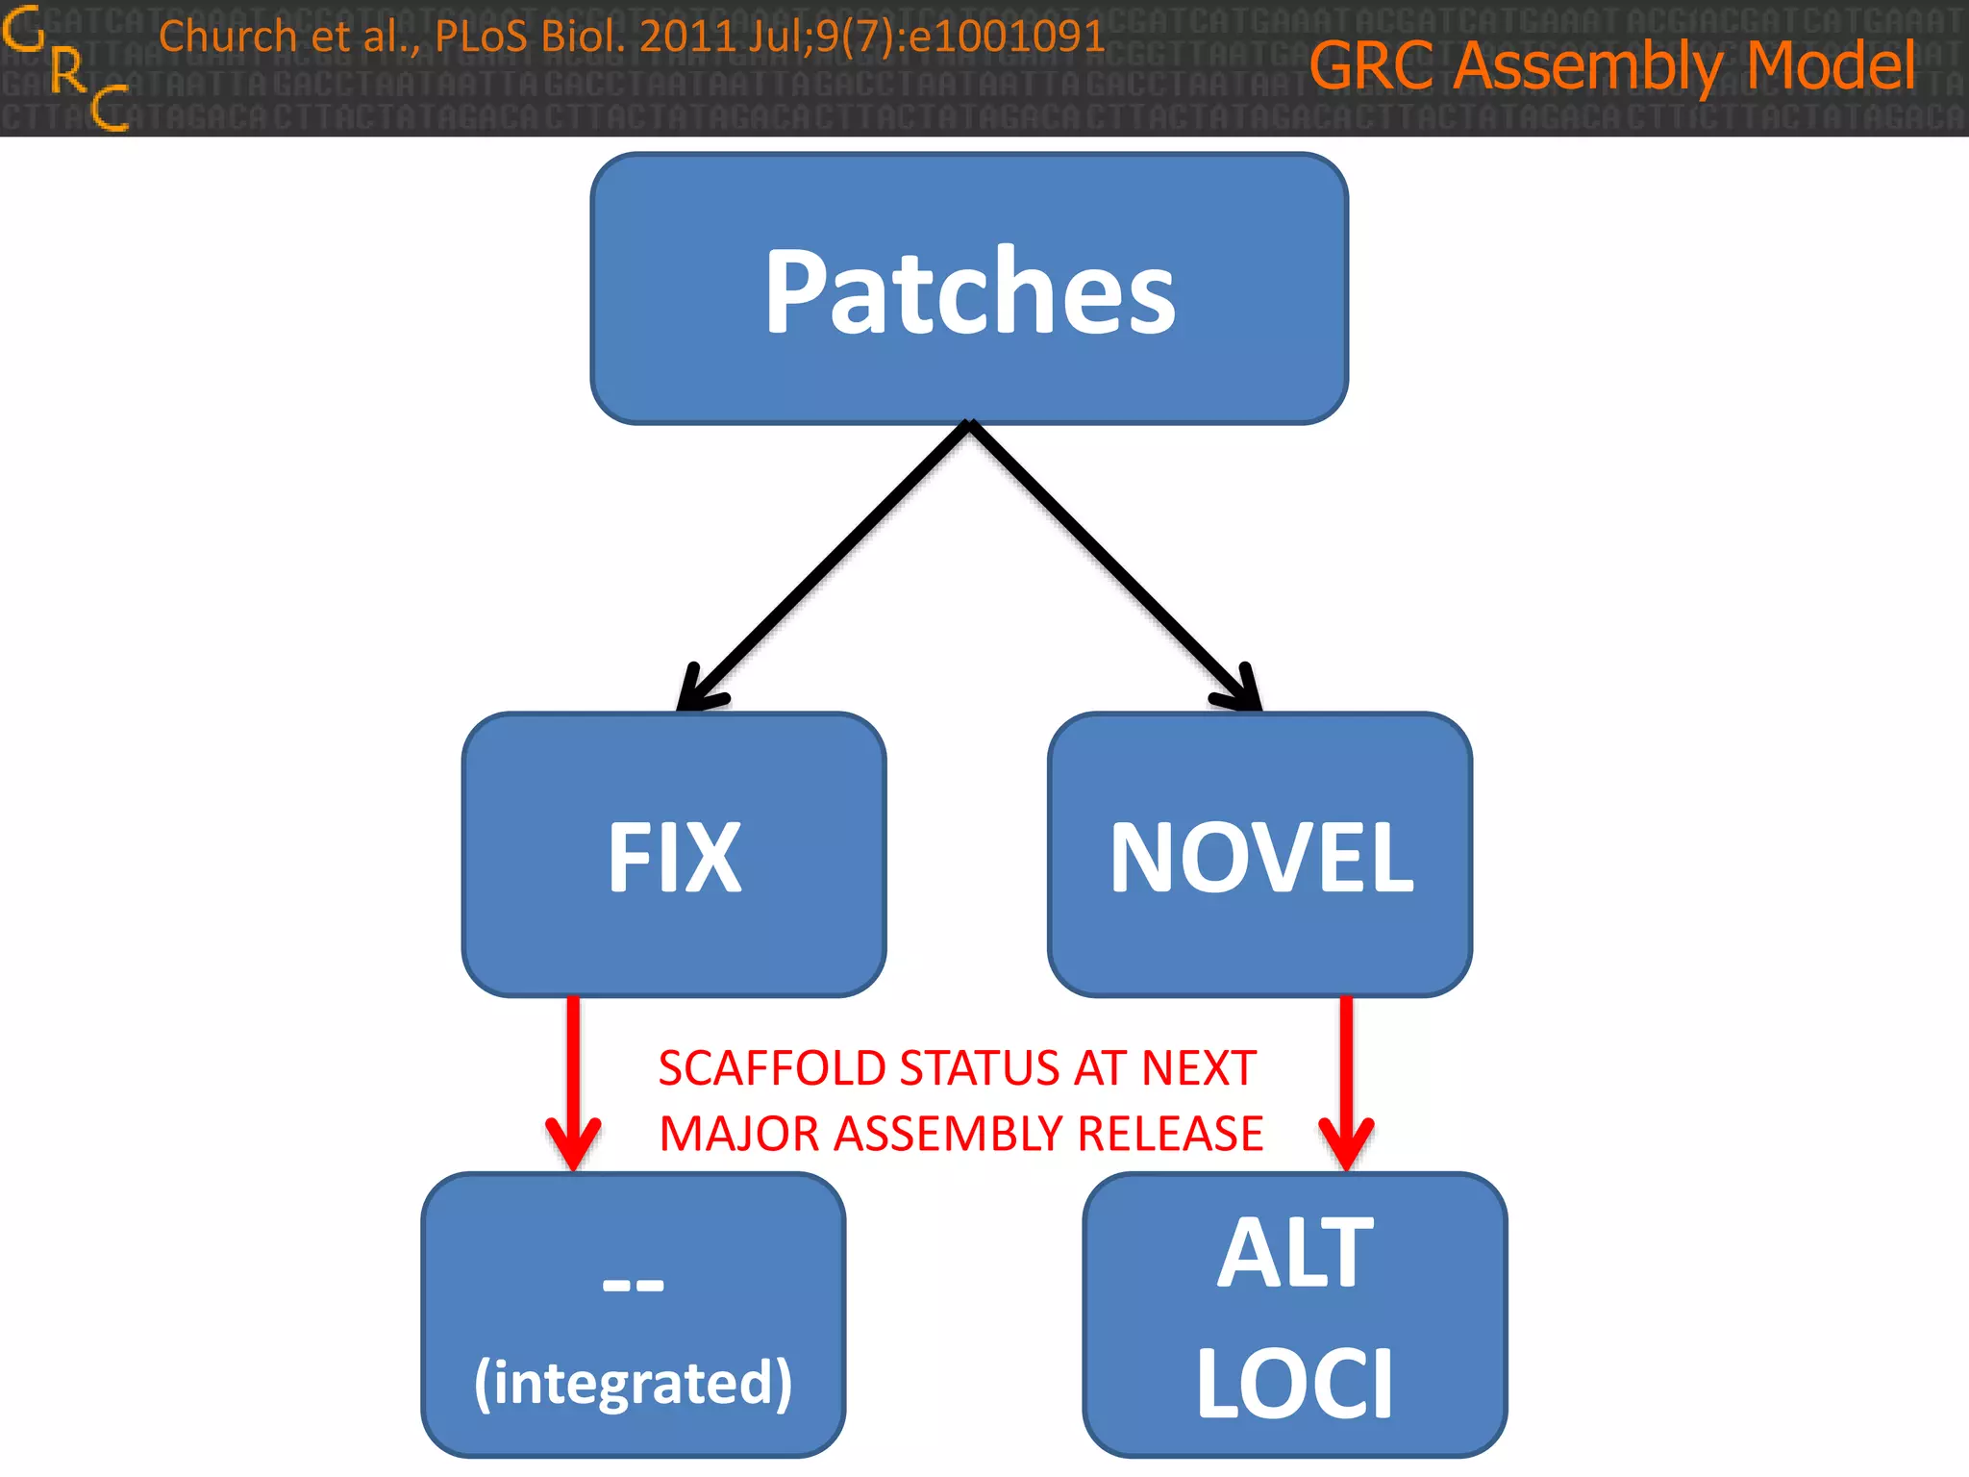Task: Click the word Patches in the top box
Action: [x=969, y=291]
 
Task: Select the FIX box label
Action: [x=674, y=858]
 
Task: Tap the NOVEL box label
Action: [x=1260, y=858]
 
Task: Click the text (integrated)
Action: [x=633, y=1383]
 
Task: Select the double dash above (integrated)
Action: [x=633, y=1285]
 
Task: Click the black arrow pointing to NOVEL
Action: [x=1115, y=567]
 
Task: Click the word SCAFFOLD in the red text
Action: [x=771, y=1068]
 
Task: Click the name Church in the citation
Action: [x=228, y=37]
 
